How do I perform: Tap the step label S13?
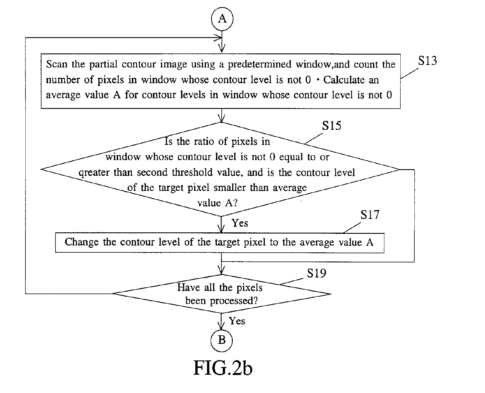[428, 61]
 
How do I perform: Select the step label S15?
[332, 125]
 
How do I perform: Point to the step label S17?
[370, 215]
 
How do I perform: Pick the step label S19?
[317, 274]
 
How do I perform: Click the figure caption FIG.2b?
[223, 368]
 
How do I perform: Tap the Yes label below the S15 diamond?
[240, 223]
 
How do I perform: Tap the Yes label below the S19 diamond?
[237, 321]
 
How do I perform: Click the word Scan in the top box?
[57, 64]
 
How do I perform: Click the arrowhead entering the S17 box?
[221, 229]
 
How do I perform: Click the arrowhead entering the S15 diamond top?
[221, 118]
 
